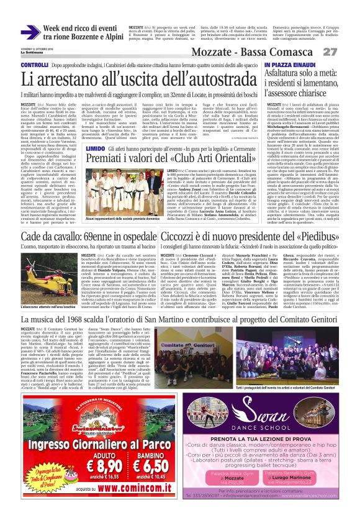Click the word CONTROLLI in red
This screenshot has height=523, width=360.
35,65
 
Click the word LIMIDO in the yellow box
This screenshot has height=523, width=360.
95,149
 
